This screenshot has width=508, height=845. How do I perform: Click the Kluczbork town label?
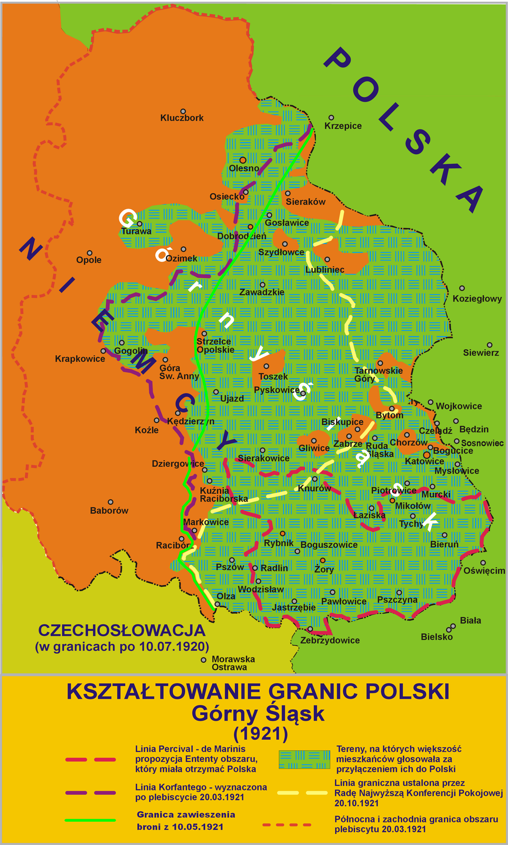[182, 118]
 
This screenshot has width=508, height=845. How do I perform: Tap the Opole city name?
[89, 260]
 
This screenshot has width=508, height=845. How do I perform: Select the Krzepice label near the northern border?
[343, 126]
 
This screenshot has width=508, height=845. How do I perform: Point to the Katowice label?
[424, 461]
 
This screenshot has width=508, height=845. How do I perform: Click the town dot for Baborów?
[110, 502]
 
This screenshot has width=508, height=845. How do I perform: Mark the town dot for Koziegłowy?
[462, 288]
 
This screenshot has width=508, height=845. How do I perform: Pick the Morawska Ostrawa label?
[233, 663]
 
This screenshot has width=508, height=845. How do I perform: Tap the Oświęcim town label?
[484, 570]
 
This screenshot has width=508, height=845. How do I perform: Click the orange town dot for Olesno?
[243, 159]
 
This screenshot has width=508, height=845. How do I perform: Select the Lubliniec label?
[325, 269]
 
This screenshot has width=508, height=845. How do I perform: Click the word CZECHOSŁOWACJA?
[121, 630]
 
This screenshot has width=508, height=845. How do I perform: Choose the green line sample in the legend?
[90, 820]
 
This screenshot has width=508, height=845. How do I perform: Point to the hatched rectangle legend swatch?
[301, 759]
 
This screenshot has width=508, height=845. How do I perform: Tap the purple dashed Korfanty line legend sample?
[90, 793]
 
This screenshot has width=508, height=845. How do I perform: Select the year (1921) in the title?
[260, 734]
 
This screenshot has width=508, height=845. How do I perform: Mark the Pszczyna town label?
[397, 599]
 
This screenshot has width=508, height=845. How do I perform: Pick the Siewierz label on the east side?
[481, 352]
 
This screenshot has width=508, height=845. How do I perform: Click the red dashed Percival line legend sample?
[90, 760]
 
